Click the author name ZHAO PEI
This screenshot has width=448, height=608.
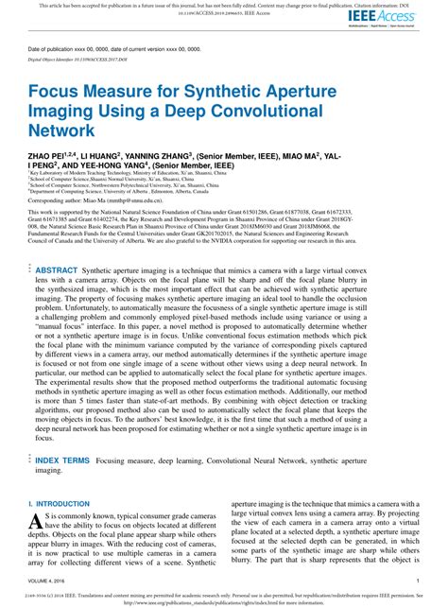[x=53, y=151]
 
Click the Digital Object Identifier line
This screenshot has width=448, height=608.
[x=85, y=58]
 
